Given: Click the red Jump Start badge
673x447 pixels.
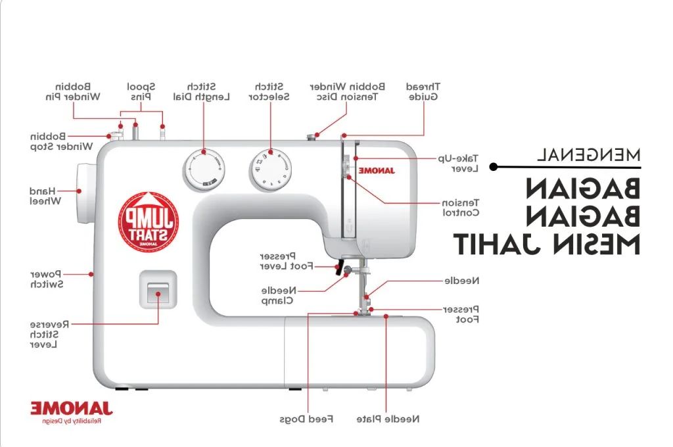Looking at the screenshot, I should point(149,220).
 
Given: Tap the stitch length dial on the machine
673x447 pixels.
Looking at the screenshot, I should point(203,169).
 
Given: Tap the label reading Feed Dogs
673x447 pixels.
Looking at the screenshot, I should point(306,419).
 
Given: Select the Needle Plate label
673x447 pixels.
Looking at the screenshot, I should point(388,419).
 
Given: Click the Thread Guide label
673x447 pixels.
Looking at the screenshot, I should point(423,91).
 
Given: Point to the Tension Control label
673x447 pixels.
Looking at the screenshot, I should point(460,207).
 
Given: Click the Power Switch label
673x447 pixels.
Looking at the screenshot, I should point(46,278).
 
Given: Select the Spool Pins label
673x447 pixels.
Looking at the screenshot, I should point(141,91).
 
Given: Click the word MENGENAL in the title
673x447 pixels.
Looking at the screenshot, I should point(588,155).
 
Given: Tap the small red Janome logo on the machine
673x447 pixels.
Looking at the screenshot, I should point(376,171).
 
